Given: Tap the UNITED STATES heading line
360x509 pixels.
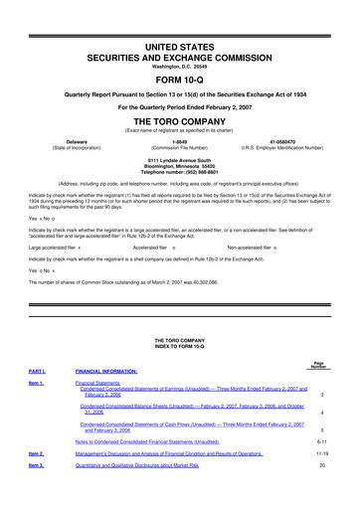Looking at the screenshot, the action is tap(179, 19).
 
